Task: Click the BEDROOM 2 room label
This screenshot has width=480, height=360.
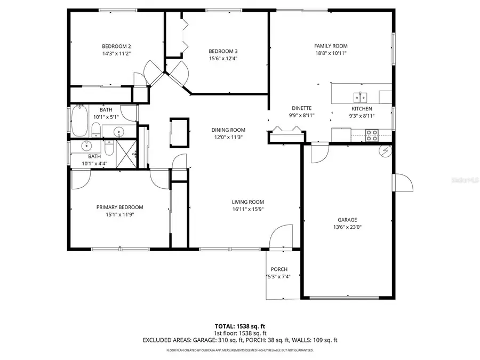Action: pos(116,46)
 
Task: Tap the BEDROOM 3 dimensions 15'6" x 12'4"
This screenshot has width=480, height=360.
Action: pos(222,59)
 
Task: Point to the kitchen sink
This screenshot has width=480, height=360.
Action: pos(361,97)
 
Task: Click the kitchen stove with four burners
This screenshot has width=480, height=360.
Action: pos(372,135)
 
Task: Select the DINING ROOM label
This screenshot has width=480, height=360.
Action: pos(228,130)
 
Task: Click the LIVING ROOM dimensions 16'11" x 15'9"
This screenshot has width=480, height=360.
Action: pos(248,209)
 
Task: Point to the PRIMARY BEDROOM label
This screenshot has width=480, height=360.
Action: pos(119,207)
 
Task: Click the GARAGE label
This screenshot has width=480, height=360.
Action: pos(347,219)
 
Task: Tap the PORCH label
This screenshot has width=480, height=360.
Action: pos(279,269)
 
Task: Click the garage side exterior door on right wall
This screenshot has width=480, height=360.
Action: pos(403,183)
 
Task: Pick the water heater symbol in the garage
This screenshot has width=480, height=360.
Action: pos(384,151)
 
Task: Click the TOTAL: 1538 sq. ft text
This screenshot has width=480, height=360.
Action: pos(239,325)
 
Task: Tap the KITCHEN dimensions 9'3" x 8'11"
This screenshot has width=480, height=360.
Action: pos(361,115)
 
